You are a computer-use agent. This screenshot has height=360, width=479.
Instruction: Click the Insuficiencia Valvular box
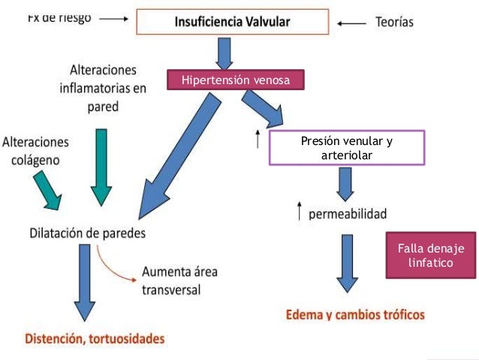233,22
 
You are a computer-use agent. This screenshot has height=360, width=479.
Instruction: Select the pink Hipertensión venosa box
236,80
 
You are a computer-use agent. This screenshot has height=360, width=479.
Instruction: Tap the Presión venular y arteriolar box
347,147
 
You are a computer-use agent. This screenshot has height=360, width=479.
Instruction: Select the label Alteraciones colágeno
36,150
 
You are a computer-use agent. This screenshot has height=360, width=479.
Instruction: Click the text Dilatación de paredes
89,233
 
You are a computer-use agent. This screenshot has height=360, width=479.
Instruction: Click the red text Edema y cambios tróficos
355,313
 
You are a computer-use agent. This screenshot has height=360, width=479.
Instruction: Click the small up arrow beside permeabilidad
301,213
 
